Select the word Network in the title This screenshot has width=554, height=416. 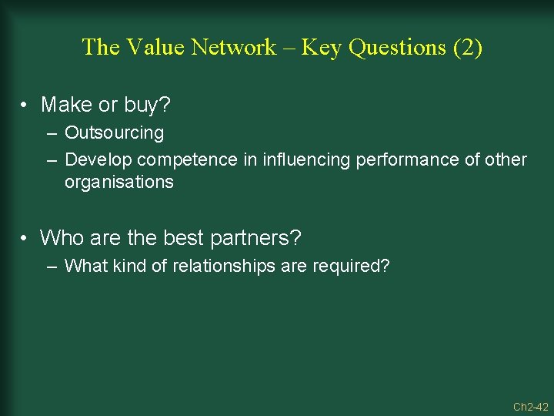tap(233, 47)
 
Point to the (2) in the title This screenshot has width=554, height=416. tap(468, 48)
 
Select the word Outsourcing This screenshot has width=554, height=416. tap(114, 133)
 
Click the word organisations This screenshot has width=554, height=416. tap(118, 183)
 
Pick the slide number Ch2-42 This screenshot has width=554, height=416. tap(530, 406)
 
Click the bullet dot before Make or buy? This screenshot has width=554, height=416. tap(25, 105)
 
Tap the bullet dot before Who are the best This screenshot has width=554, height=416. tap(25, 238)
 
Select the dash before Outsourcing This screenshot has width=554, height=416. tap(51, 134)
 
